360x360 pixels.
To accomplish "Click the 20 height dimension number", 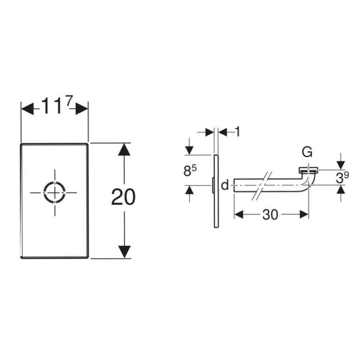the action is click(x=123, y=197).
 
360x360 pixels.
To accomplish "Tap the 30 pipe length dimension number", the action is click(x=270, y=214).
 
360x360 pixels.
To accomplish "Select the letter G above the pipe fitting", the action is click(x=307, y=152).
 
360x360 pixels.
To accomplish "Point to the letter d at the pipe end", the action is click(x=225, y=185).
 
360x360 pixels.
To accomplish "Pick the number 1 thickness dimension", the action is click(x=237, y=132).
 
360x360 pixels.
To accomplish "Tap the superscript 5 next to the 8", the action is click(x=194, y=169).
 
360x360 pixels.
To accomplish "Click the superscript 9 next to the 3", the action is click(x=346, y=175).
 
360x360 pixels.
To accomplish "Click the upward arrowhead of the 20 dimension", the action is click(x=124, y=149).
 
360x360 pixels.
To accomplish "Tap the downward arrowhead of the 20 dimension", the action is click(x=124, y=252).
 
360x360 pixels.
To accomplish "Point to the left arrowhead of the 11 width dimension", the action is click(x=27, y=108).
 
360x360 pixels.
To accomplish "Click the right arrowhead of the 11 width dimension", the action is click(x=82, y=108).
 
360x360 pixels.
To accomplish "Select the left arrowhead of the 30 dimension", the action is click(x=238, y=214).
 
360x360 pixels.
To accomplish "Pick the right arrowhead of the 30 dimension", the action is click(x=304, y=214).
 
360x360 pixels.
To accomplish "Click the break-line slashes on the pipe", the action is click(x=262, y=186).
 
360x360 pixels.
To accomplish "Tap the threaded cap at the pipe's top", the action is click(x=308, y=170).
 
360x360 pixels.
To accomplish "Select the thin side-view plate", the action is click(x=216, y=191).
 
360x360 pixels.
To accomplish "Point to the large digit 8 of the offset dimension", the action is click(x=187, y=171).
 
